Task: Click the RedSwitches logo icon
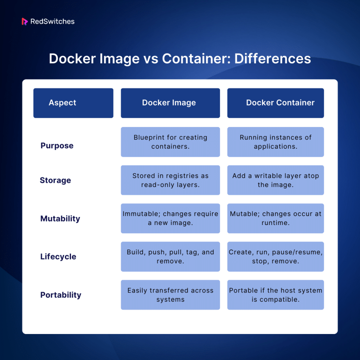pyautogui.click(x=25, y=21)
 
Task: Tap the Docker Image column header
pyautogui.click(x=170, y=103)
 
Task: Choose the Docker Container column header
pyautogui.click(x=276, y=103)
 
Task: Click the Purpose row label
pyautogui.click(x=57, y=146)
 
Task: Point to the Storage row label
pyautogui.click(x=55, y=180)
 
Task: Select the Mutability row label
pyautogui.click(x=60, y=219)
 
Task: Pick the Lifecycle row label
pyautogui.click(x=58, y=257)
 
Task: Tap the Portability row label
pyautogui.click(x=60, y=295)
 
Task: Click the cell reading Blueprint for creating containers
pyautogui.click(x=170, y=142)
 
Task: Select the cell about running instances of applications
pyautogui.click(x=276, y=142)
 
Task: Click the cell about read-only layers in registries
pyautogui.click(x=170, y=180)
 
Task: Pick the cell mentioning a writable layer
pyautogui.click(x=276, y=180)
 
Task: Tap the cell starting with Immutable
pyautogui.click(x=170, y=218)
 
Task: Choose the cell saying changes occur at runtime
pyautogui.click(x=276, y=218)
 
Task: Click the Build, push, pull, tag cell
pyautogui.click(x=170, y=257)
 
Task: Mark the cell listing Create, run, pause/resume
pyautogui.click(x=276, y=257)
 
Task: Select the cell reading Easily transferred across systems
pyautogui.click(x=170, y=295)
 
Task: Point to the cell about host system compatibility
pyautogui.click(x=276, y=295)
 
